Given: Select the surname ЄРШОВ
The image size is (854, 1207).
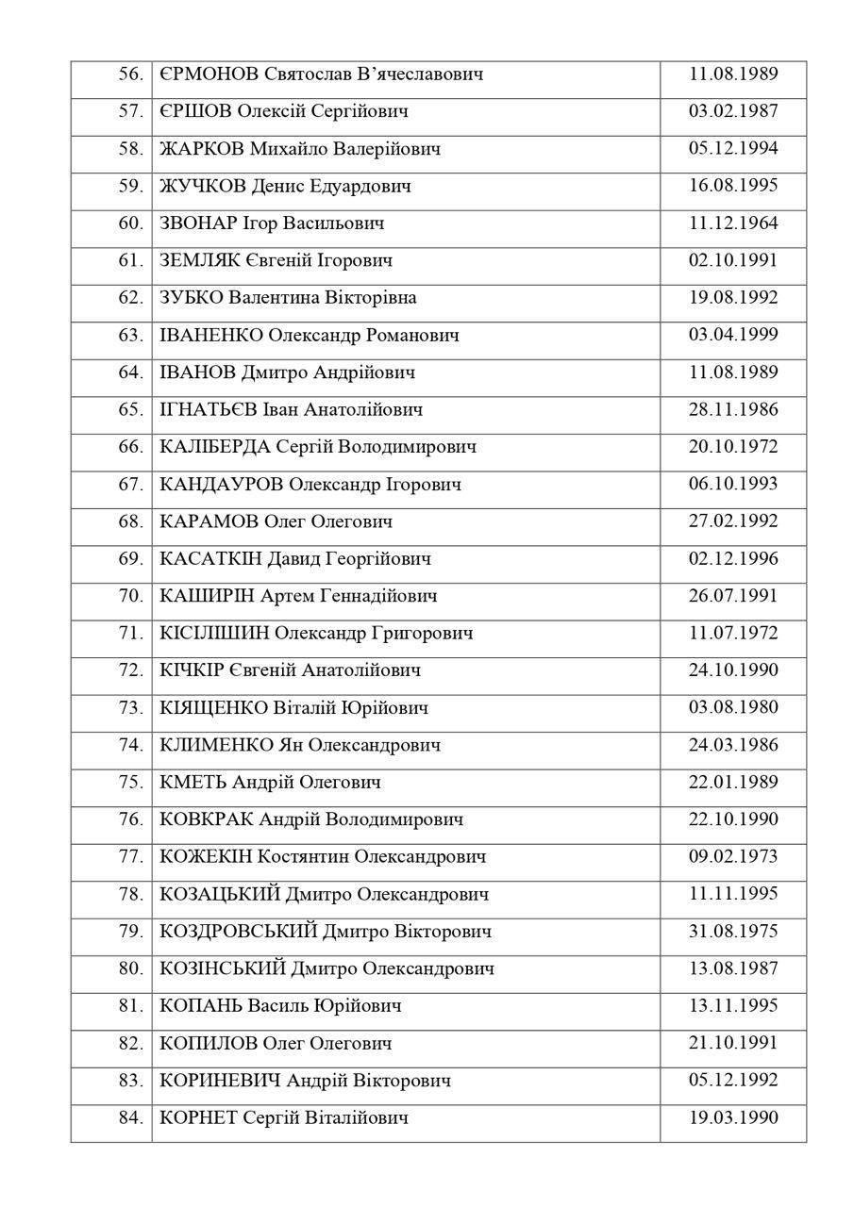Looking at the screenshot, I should [195, 112].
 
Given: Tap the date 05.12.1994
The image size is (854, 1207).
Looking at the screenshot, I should [733, 149].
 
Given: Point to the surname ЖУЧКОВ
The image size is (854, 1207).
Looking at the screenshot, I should [204, 187].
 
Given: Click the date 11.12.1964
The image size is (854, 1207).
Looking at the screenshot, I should [733, 223].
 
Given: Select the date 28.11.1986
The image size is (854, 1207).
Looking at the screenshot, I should [733, 410].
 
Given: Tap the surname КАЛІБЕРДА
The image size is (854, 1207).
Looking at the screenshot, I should [216, 447].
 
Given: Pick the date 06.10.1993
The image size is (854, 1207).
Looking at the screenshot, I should [733, 485].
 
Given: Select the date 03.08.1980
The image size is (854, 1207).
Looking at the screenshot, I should [733, 708].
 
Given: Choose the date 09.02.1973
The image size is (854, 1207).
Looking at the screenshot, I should [733, 857].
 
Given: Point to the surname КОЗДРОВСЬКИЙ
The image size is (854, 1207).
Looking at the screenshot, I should [239, 932].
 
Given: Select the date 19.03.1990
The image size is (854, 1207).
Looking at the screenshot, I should [733, 1118].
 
